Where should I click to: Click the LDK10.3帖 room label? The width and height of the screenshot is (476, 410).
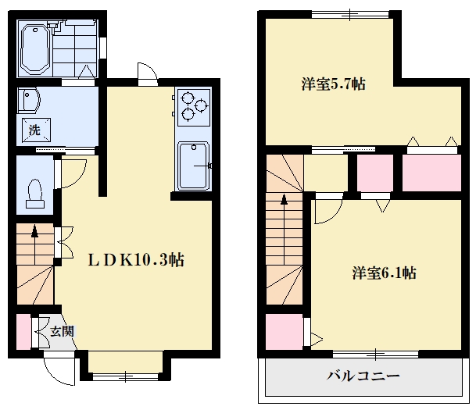point(136,260)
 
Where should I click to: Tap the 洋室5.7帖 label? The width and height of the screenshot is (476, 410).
point(333,84)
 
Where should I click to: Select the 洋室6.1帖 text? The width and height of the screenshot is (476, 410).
point(384,273)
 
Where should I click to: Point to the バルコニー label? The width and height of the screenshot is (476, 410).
point(363,376)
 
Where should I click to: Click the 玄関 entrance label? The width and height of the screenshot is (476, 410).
point(62,331)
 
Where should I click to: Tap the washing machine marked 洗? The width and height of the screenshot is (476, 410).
point(36,130)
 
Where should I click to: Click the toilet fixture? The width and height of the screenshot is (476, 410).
point(35,194)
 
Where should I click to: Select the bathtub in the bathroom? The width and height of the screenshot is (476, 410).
point(35,49)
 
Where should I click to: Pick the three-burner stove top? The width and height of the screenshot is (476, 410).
point(194,107)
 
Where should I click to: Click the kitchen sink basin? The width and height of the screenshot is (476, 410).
point(193,166)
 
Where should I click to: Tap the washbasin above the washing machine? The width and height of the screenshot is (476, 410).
point(29,100)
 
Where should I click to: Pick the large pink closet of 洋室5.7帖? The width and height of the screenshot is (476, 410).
point(431,173)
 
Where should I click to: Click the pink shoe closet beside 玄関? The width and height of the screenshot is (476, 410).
point(23,331)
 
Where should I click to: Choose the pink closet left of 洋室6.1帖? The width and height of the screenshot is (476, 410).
point(285,332)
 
